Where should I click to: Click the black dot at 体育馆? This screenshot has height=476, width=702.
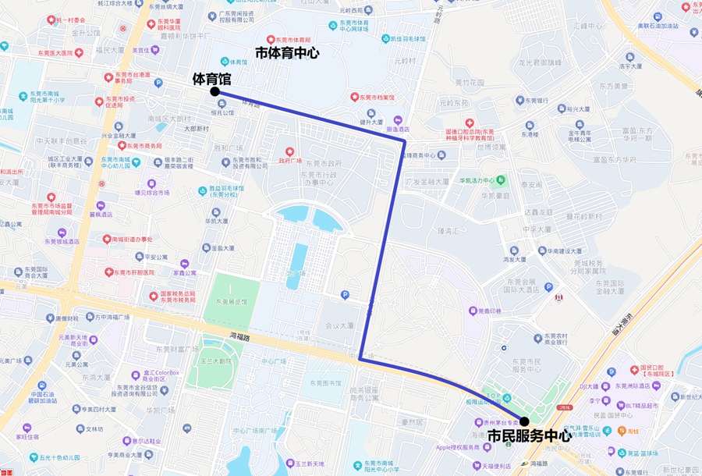[x=214, y=91]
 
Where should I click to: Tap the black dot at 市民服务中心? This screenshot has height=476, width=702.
[x=524, y=421]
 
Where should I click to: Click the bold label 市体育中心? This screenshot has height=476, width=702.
[x=288, y=52]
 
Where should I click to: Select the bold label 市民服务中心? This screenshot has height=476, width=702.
[x=529, y=436]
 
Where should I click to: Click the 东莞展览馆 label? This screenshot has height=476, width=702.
[x=231, y=301]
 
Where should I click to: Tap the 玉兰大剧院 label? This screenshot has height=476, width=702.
[x=214, y=361]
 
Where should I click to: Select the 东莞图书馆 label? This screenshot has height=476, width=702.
[x=326, y=383]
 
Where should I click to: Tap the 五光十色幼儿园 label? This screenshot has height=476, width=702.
[x=60, y=457]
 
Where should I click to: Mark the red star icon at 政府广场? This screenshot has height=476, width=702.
[x=289, y=151]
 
